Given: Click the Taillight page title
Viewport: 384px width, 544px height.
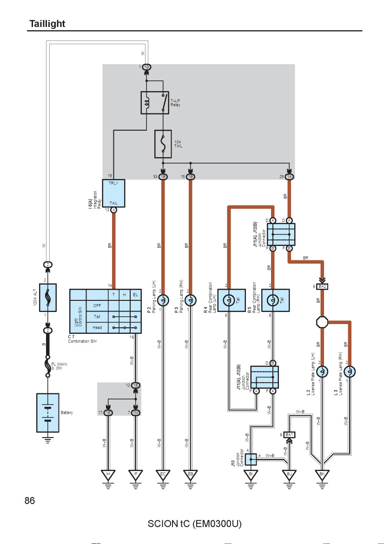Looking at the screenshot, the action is [x=47, y=24].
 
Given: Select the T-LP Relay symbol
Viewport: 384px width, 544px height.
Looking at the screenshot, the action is [x=155, y=103].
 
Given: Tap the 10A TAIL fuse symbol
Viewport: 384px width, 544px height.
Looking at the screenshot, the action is [x=163, y=144].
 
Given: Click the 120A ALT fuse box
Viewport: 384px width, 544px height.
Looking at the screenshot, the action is [x=48, y=298].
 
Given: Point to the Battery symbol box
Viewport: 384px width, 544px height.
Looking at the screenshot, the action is [x=48, y=412].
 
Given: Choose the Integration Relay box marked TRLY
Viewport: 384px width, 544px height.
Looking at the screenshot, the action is [x=113, y=193].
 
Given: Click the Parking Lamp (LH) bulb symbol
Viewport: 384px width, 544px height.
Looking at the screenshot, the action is [x=163, y=300].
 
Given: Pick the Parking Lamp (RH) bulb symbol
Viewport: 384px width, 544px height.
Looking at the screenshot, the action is [x=190, y=300].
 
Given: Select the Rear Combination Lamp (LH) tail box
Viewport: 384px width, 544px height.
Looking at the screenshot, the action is [x=232, y=300].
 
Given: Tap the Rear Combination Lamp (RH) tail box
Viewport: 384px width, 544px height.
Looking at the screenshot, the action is [x=275, y=300].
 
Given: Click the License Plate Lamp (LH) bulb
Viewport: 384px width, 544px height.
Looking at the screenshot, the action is [x=322, y=372].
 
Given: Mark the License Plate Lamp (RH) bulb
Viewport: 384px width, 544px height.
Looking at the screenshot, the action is [x=350, y=372].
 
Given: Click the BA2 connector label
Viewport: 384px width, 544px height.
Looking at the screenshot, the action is [x=322, y=286].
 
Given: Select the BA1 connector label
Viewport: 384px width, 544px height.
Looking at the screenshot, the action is [x=289, y=435].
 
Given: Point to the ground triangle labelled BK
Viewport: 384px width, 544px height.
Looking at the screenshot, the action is [x=322, y=475].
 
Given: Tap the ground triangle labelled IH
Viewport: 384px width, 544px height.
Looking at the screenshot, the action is [x=108, y=475].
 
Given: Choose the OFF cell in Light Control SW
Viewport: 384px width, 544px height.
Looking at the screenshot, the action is [x=97, y=305].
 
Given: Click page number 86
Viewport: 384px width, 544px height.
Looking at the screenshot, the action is [x=30, y=501].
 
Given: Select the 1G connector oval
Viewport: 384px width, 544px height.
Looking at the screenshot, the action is [x=146, y=67].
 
